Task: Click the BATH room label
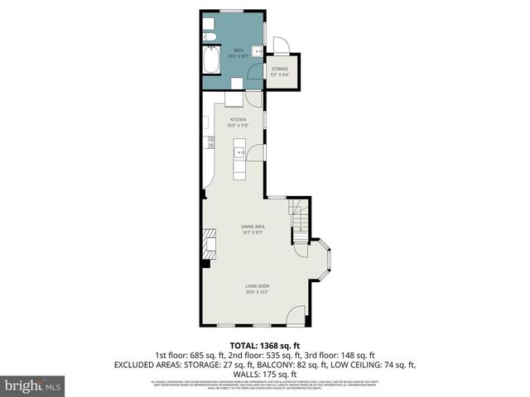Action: [x=238, y=50]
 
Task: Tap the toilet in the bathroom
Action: [x=209, y=36]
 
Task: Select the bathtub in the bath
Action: [x=210, y=62]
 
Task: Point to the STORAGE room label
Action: [x=280, y=69]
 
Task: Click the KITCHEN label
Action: [x=238, y=120]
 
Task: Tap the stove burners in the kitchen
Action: [x=212, y=141]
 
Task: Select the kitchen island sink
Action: [x=240, y=152]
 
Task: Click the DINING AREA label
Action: [x=253, y=226]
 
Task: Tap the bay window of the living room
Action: [x=325, y=259]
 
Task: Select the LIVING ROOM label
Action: [x=257, y=286]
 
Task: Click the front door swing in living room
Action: [x=296, y=317]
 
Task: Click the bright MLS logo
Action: [x=33, y=385]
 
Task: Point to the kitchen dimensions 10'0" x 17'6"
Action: [x=238, y=126]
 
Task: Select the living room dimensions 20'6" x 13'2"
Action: [x=257, y=292]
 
